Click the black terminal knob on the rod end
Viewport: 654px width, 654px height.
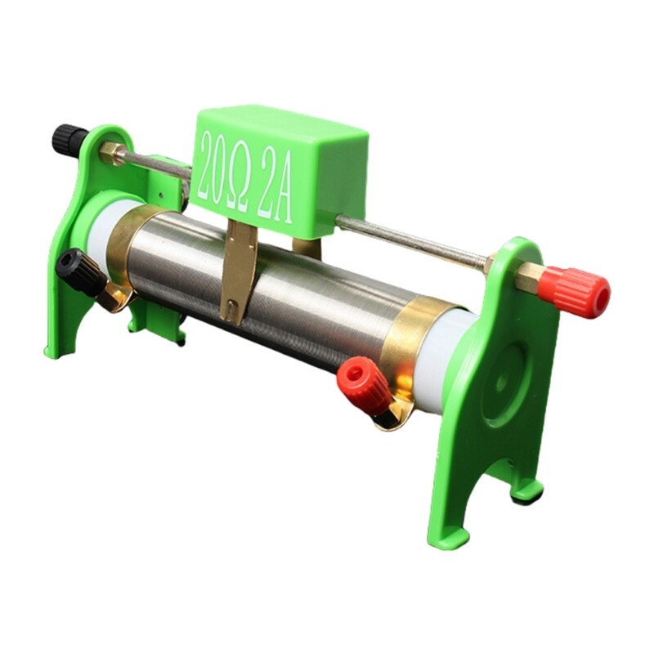69,139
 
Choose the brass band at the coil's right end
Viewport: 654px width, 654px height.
417,343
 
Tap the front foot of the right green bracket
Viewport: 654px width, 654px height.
448,535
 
